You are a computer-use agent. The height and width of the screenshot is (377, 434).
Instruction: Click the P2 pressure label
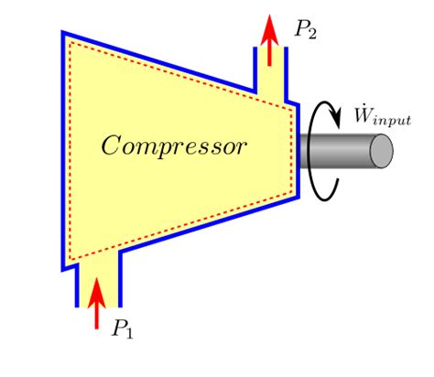(x=305, y=29)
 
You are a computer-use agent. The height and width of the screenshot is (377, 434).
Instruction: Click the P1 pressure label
(x=122, y=329)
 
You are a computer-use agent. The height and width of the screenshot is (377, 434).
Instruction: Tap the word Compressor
(x=174, y=147)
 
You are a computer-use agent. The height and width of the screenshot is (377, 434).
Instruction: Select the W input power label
(x=383, y=116)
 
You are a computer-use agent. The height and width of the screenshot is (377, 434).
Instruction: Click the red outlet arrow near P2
(x=269, y=39)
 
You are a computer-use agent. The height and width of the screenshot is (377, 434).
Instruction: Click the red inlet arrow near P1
(x=97, y=303)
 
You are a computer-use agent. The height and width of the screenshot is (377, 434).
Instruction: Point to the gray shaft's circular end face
(x=382, y=151)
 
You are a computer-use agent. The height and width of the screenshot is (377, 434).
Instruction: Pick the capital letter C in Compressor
(x=111, y=145)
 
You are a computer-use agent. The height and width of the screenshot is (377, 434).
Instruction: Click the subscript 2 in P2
(x=311, y=34)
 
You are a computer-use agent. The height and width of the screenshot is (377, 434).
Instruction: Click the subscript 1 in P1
(x=129, y=333)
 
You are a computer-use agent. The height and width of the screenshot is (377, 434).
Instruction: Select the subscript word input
(x=392, y=119)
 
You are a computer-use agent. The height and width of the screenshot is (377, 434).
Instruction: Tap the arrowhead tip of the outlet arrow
(x=269, y=15)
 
